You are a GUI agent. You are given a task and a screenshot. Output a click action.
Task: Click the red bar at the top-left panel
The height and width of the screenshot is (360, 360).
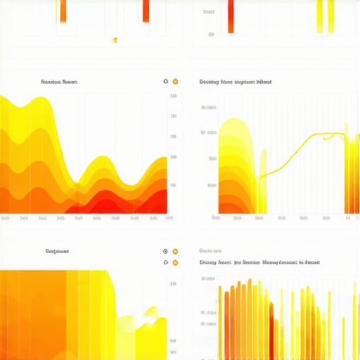[146, 11]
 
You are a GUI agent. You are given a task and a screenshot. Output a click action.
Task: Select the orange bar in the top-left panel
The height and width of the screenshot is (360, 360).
[63, 11]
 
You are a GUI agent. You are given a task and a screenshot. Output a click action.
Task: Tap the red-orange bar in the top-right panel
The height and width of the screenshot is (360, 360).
[231, 16]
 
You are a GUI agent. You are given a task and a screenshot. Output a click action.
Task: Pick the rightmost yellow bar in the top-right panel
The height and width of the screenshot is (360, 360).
[330, 15]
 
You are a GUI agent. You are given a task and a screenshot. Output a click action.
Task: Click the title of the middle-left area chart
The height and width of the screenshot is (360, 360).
[59, 82]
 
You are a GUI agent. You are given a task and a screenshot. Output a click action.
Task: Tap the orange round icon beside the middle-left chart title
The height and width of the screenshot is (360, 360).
[175, 82]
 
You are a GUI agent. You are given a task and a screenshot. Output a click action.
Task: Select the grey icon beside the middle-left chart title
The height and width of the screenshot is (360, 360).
[165, 82]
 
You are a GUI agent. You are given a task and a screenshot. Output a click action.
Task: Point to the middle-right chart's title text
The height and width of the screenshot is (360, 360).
[236, 82]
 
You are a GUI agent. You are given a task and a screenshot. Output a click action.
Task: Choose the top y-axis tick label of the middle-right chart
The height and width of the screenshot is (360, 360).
[209, 108]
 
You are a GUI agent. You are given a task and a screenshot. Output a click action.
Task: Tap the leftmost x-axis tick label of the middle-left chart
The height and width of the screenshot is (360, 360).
[6, 219]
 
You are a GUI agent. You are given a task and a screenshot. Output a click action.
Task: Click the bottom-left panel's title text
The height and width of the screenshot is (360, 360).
[57, 250]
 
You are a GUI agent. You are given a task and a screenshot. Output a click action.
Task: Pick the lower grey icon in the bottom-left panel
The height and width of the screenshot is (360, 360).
[166, 263]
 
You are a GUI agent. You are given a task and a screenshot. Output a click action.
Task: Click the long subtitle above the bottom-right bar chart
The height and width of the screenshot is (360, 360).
[261, 262]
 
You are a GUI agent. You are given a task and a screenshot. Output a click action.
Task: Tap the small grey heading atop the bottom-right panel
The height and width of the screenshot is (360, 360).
[210, 250]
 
